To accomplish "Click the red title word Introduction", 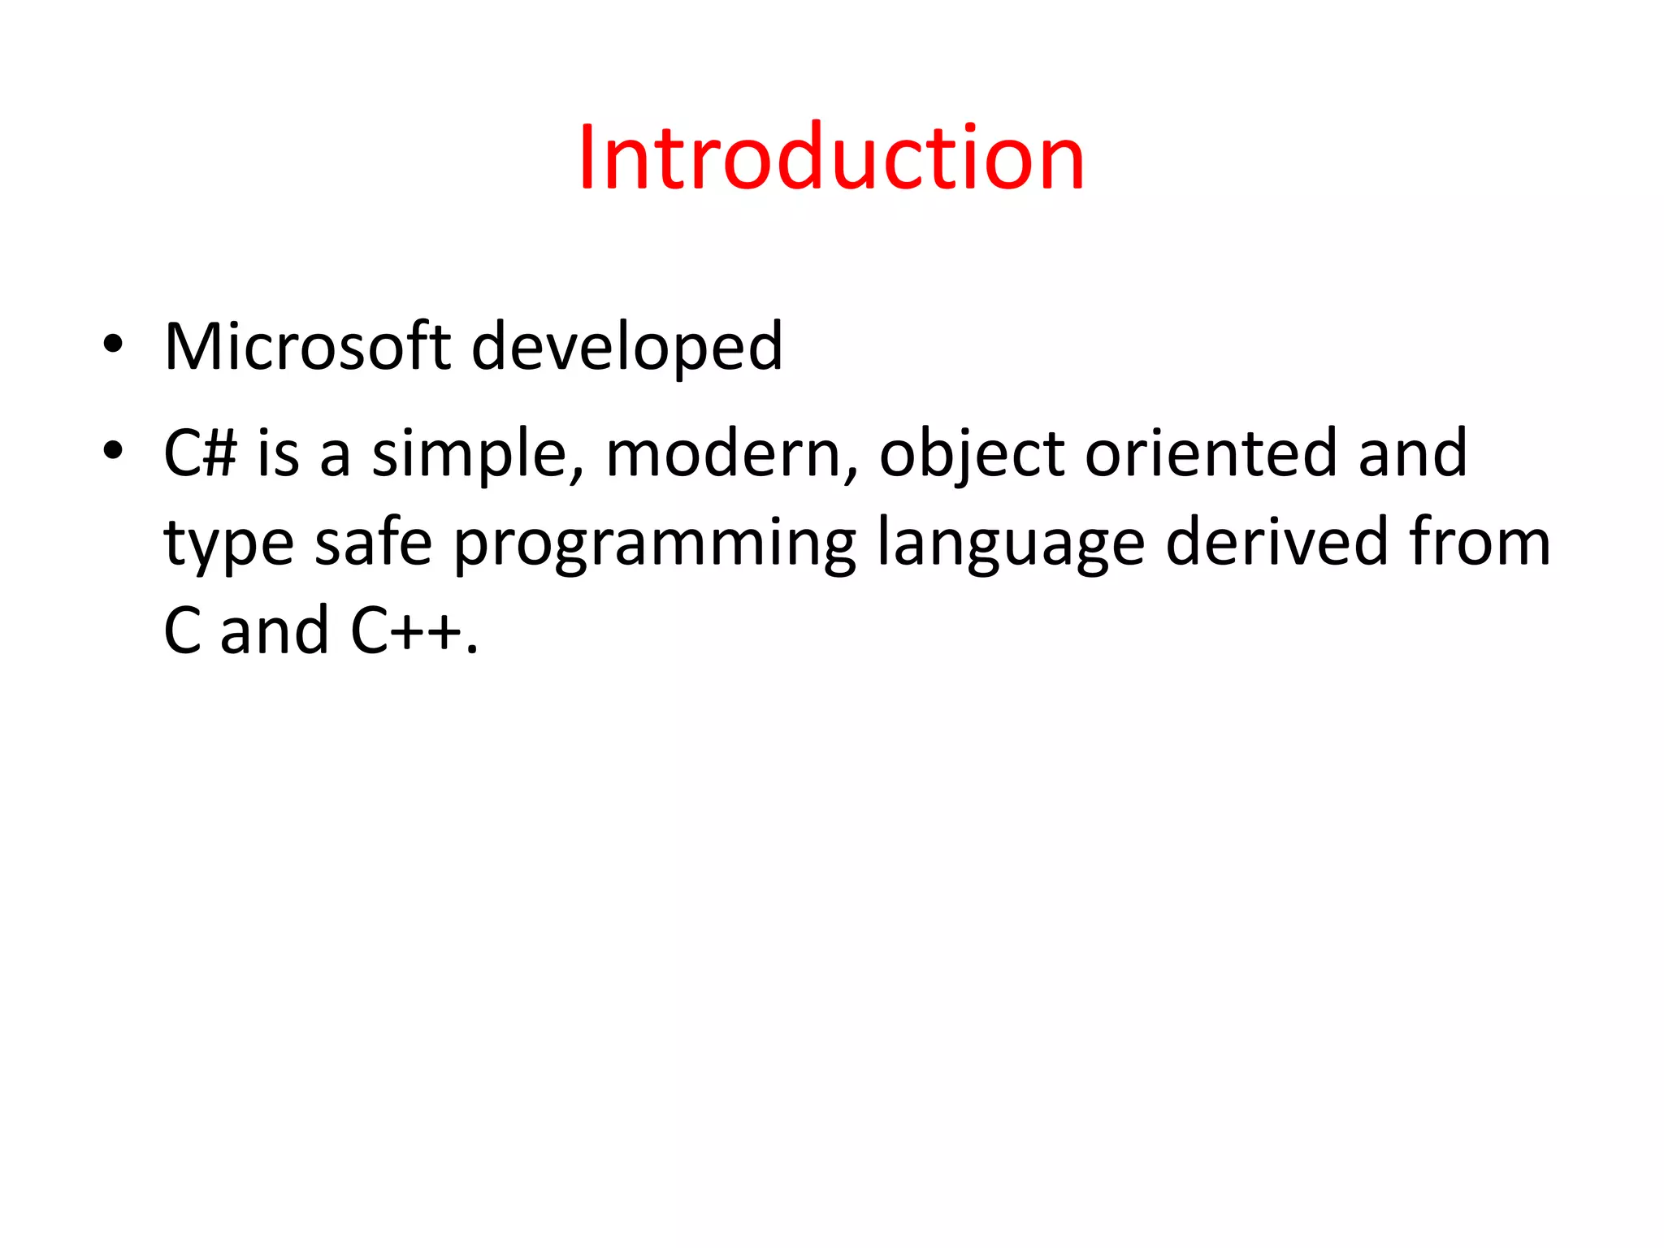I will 831,158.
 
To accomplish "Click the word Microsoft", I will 307,347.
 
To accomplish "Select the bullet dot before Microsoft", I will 113,344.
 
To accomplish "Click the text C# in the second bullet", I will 200,453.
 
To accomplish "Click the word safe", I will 373,542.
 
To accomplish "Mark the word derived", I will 1276,542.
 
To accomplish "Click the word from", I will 1480,542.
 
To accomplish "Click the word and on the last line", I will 275,631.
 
